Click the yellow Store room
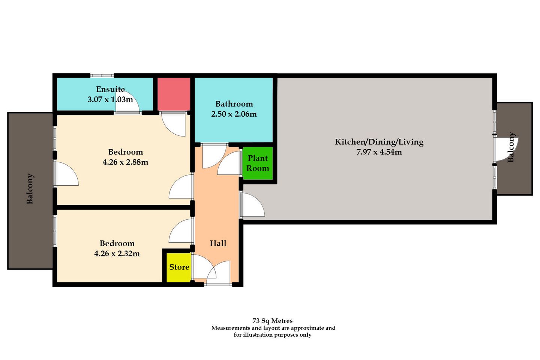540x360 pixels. click(179, 267)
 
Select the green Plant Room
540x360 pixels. click(258, 163)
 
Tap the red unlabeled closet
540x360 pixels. click(174, 94)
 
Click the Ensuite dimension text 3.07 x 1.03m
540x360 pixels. click(110, 99)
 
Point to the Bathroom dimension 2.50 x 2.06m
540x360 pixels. click(234, 114)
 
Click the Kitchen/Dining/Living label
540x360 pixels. click(379, 142)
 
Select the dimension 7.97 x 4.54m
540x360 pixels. click(379, 152)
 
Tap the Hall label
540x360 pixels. click(218, 243)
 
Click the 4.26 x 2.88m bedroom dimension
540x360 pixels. click(125, 162)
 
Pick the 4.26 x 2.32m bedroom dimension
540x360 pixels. click(117, 253)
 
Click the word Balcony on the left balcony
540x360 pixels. click(30, 189)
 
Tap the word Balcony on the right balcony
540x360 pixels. click(511, 147)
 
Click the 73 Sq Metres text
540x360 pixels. click(272, 321)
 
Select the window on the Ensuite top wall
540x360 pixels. click(102, 75)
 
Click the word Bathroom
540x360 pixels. click(234, 104)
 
